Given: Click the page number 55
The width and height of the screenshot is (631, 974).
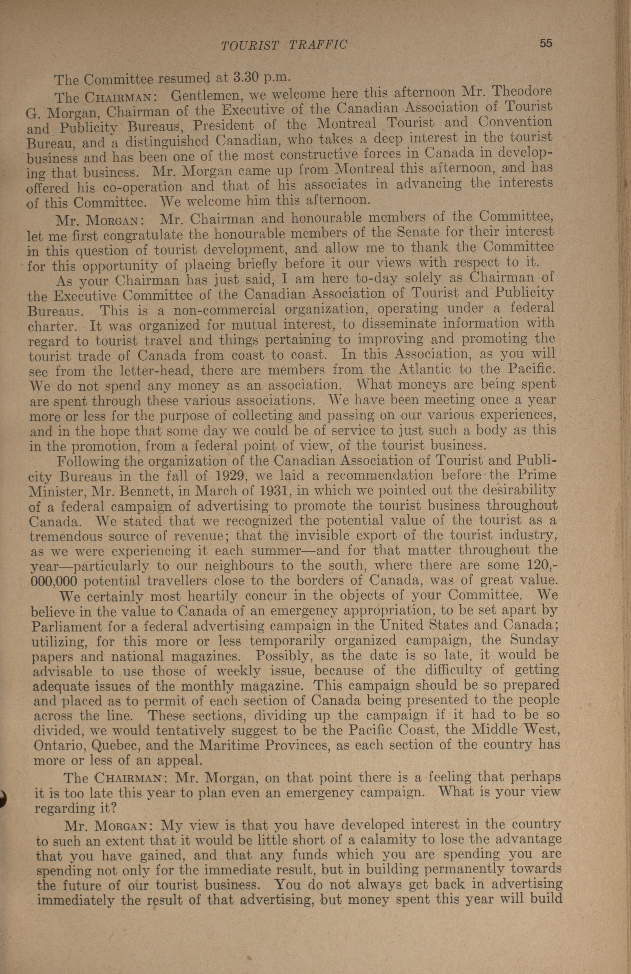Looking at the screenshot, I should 546,43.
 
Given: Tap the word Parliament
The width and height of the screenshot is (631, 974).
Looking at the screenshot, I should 66,627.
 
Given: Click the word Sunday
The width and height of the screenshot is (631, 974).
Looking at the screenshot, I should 534,639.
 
